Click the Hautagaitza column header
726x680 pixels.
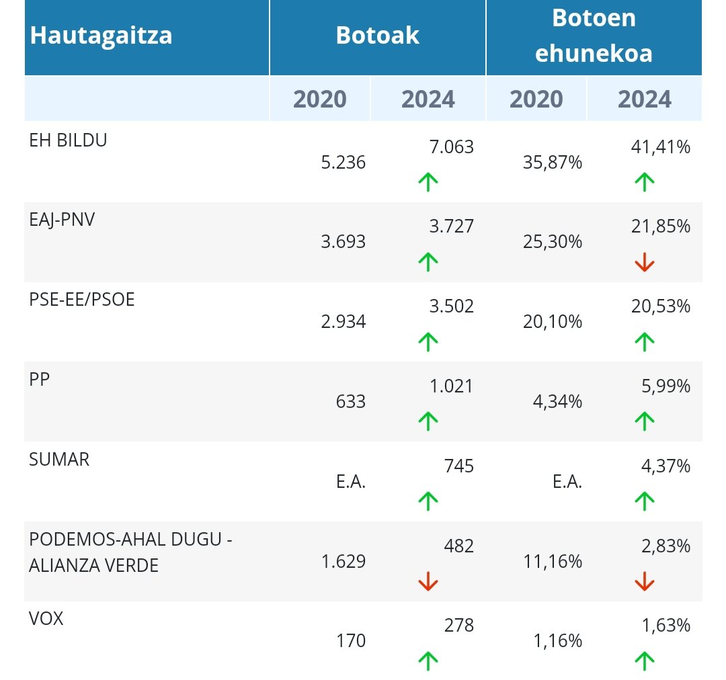pos(101,35)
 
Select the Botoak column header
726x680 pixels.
pos(377,36)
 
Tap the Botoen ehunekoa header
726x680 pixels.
pos(594,36)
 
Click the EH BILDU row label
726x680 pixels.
pos(69,140)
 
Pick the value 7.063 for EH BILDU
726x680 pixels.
pos(451,147)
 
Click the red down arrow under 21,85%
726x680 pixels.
pos(644,262)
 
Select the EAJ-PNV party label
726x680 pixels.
pos(63,220)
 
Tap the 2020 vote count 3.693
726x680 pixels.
pos(343,242)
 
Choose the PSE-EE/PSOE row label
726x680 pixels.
pos(82,300)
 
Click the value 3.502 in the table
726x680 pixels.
pos(451,307)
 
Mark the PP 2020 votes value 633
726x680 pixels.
pos(351,402)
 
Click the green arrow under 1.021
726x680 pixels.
pos(428,421)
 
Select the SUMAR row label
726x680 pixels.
pos(59,460)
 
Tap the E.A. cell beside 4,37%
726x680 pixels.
pos(565,482)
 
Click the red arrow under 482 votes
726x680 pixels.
pos(428,581)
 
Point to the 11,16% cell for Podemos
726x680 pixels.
pos(552,562)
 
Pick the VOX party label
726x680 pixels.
pos(46,619)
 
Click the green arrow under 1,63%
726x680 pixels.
pos(644,661)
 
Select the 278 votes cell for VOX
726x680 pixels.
pos(458,626)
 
